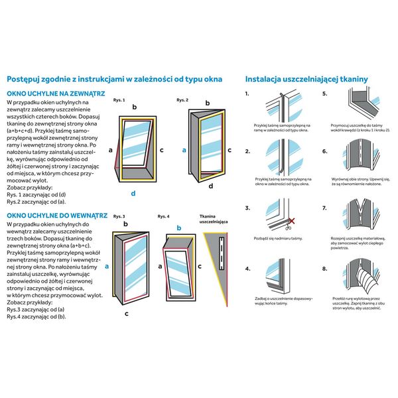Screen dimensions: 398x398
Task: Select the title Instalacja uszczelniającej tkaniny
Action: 306,78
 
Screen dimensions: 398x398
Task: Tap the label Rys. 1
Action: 119,99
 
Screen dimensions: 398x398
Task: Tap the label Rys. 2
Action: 182,99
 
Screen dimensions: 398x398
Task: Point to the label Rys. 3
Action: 119,217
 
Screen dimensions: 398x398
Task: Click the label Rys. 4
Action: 163,217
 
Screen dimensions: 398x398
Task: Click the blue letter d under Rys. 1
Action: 133,193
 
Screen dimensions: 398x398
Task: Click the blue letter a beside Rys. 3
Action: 107,269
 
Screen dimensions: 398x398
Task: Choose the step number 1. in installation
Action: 247,94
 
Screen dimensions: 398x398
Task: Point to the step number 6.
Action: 325,152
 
